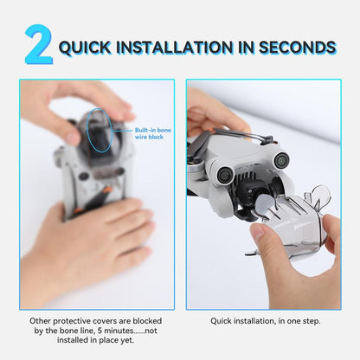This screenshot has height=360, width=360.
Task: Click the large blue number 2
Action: point(38,45)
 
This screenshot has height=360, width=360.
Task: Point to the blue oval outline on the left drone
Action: point(97,127)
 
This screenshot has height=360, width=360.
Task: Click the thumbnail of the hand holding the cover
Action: point(260,234)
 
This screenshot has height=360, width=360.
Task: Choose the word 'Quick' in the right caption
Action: point(224,320)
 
